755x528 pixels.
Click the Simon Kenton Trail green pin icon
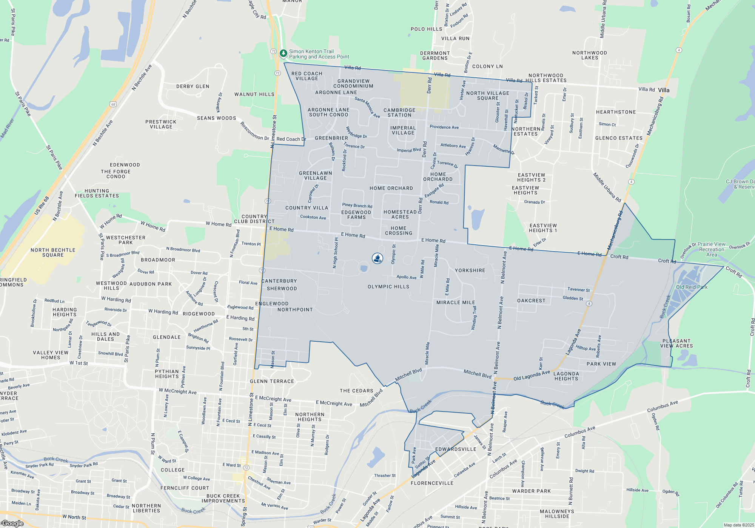(283, 54)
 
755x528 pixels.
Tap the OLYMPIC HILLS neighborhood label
(388, 287)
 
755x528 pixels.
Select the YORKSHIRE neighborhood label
(470, 270)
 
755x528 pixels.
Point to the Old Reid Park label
(692, 287)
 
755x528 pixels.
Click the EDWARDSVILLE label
(456, 449)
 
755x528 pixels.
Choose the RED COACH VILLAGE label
(307, 76)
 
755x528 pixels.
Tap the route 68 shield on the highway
(113, 104)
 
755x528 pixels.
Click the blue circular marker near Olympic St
(377, 258)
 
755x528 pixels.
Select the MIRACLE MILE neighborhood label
(456, 302)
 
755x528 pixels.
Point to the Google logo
(12, 523)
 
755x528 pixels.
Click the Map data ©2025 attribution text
(738, 525)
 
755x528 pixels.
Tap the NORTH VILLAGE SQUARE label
(488, 95)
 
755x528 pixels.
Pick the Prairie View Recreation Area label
(712, 249)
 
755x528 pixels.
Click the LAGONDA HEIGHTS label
(566, 376)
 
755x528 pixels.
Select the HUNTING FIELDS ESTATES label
(97, 193)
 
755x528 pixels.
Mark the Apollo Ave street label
(406, 277)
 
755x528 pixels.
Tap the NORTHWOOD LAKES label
(590, 55)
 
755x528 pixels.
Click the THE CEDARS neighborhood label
(356, 391)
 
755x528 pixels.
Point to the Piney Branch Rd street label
(357, 206)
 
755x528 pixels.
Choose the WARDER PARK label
(532, 491)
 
